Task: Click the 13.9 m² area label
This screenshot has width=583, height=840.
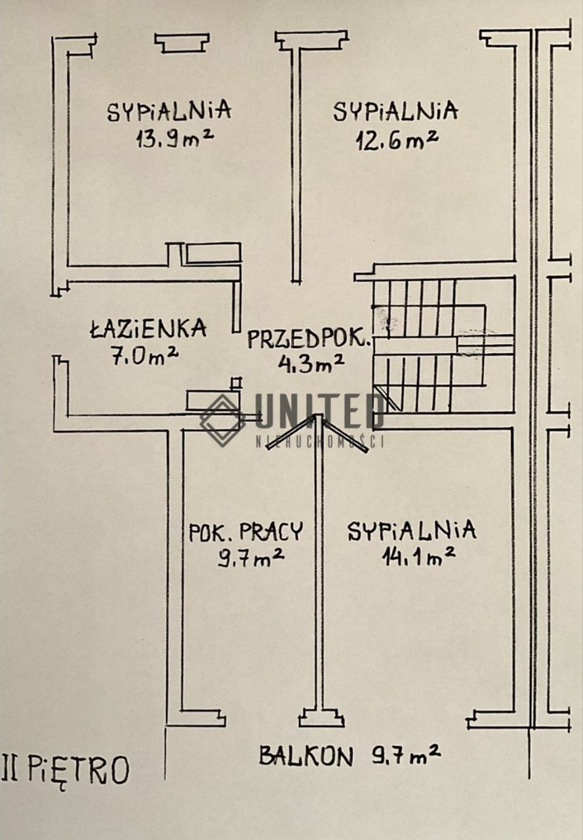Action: pos(175,138)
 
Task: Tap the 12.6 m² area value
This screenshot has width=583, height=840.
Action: pos(397,141)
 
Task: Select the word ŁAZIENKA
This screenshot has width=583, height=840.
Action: pos(148,328)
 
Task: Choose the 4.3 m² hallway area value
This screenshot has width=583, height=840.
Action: pos(311,364)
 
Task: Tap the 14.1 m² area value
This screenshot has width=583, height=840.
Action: pos(418,557)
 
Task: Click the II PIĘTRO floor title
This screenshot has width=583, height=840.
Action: pos(64,768)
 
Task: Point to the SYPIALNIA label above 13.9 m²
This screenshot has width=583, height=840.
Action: pos(169,111)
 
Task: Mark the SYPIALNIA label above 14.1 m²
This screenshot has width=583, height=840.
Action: pos(412,531)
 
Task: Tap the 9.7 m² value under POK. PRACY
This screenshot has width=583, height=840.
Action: pos(251,558)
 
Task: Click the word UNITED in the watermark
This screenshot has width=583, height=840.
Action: pos(319,411)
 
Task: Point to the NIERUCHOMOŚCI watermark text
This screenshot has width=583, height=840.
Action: pos(319,442)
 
